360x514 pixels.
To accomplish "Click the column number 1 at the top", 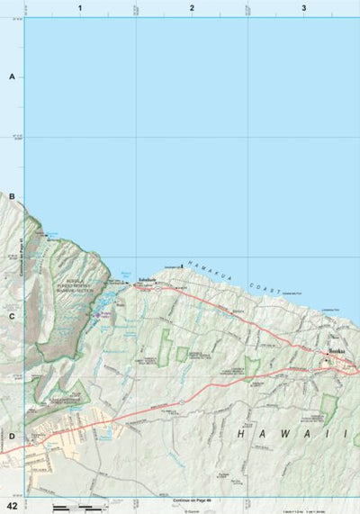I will pyautogui.click(x=80, y=7).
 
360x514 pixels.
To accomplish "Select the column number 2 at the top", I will pyautogui.click(x=192, y=7).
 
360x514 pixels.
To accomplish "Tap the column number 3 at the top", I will pyautogui.click(x=304, y=7).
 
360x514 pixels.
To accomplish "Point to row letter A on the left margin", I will pyautogui.click(x=12, y=77).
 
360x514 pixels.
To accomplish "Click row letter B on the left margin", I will pyautogui.click(x=12, y=196).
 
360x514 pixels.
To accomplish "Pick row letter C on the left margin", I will pyautogui.click(x=12, y=316).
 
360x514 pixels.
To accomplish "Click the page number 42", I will pyautogui.click(x=11, y=506).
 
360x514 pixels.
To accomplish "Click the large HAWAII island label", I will pyautogui.click(x=292, y=434).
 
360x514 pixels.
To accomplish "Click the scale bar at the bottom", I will pyautogui.click(x=72, y=509).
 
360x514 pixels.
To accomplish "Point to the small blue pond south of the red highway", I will pyautogui.click(x=109, y=433).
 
